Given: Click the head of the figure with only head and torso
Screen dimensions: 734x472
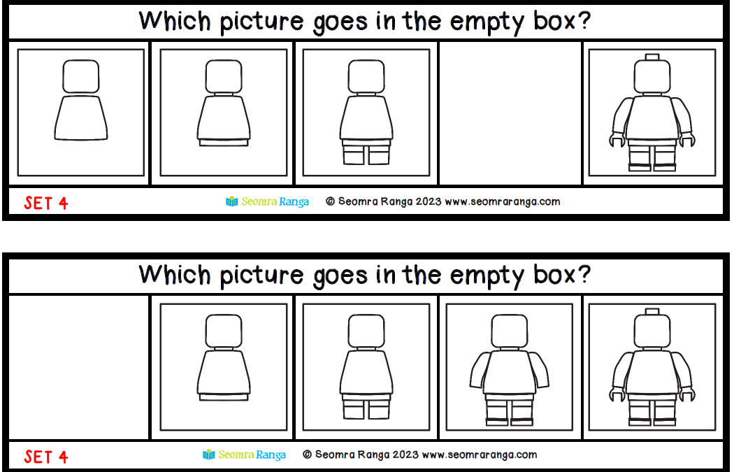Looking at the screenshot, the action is pos(81,76).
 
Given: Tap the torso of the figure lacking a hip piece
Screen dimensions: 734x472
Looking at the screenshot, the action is pos(81,118).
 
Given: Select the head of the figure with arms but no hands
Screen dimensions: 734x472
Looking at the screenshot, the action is pos(510,331).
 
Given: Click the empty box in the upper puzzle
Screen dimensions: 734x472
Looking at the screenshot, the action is pos(510,113).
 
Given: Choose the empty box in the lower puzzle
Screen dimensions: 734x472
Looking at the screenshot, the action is pos(78,367).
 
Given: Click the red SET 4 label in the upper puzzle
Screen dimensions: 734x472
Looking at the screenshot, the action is pos(46,203).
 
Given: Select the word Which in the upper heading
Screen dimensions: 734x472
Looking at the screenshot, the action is pos(175,21).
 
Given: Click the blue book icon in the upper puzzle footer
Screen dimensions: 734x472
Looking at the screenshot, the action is pos(231,201).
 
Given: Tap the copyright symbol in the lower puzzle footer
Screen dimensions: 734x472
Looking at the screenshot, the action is pos(307,455).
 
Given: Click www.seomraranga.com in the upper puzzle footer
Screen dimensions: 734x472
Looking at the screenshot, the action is pos(503,202).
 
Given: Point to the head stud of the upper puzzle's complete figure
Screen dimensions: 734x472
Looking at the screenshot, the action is pos(652,57).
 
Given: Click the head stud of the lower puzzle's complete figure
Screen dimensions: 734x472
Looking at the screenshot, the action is pos(652,311).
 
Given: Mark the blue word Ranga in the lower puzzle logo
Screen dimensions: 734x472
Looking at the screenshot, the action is pos(271,455).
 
